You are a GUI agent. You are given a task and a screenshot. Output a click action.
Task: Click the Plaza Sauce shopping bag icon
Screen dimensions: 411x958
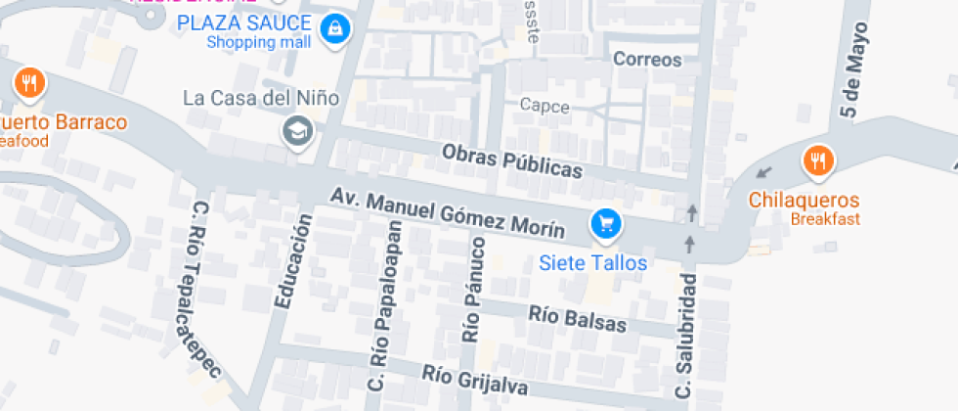(335, 27)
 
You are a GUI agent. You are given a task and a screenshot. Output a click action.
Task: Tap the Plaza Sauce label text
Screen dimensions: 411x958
(244, 23)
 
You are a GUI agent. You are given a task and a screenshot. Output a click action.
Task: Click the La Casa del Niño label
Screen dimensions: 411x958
(261, 98)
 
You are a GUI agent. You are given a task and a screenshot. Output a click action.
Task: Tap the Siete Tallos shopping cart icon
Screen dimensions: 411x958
(606, 225)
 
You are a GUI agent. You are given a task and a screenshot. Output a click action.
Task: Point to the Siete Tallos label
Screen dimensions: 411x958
(593, 262)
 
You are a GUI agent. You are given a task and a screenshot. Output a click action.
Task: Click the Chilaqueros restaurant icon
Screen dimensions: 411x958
(817, 160)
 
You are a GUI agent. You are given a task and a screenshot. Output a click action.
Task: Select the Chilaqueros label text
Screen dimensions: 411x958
(805, 200)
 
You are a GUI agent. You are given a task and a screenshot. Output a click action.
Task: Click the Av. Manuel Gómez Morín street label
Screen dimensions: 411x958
(447, 214)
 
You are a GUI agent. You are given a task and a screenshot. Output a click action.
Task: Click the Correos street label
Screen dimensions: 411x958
(646, 60)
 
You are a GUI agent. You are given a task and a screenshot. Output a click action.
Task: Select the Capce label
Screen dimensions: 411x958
(544, 106)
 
